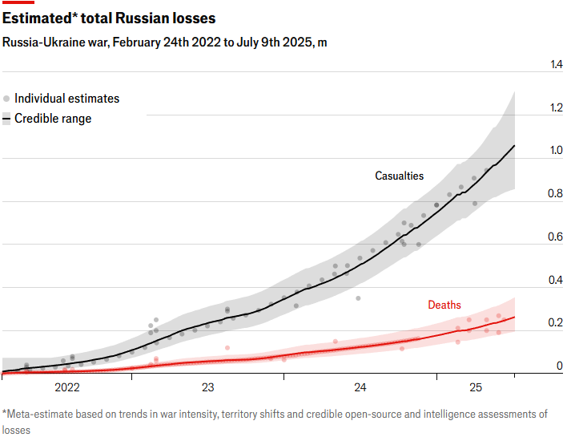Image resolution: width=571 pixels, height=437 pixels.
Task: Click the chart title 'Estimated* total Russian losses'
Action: (x=108, y=18)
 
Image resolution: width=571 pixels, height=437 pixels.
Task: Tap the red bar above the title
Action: (x=18, y=2)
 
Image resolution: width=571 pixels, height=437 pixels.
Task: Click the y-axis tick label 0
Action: (x=560, y=366)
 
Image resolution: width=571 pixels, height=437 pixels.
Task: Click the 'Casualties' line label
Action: (x=400, y=176)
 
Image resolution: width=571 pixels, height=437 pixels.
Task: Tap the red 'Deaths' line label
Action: (x=444, y=305)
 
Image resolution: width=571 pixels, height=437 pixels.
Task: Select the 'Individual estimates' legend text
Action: (x=66, y=99)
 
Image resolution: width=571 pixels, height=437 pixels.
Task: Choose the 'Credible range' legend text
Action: (x=53, y=119)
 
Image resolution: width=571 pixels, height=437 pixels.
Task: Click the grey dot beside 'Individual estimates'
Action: (x=6, y=99)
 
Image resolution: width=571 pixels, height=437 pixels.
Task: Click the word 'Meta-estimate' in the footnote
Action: (x=42, y=415)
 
